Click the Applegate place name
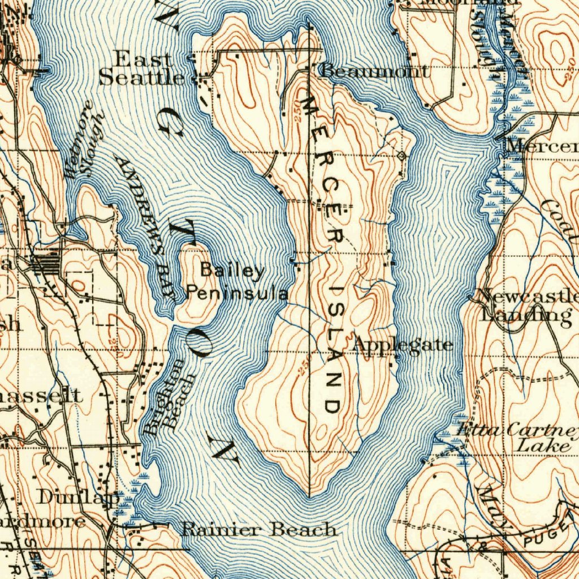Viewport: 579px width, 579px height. [403, 344]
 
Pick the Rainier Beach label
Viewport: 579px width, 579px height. [259, 530]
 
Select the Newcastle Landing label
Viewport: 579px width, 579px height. [526, 305]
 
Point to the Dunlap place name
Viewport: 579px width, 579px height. [79, 498]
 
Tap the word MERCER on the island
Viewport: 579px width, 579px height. [323, 170]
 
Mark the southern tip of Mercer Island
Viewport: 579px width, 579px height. [309, 495]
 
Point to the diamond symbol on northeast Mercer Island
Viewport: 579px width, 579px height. [402, 155]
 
